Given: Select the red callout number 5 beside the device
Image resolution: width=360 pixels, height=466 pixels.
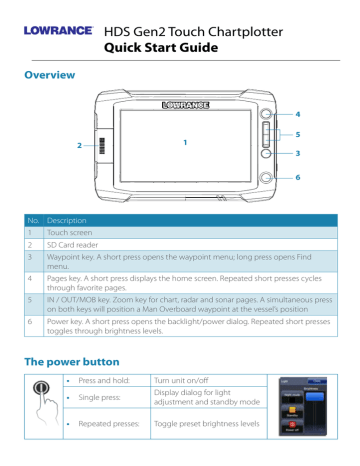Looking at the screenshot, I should (297, 133).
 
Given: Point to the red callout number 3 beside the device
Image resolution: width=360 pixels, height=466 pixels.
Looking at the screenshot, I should (297, 152).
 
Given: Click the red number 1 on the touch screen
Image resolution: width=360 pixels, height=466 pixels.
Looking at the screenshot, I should (184, 143).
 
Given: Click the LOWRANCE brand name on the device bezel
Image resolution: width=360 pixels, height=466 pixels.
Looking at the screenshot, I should (184, 102).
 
